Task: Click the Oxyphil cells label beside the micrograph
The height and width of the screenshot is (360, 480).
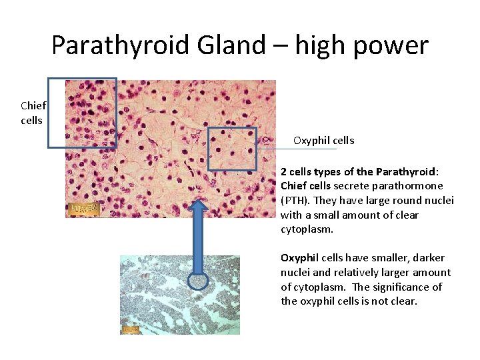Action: [323, 141]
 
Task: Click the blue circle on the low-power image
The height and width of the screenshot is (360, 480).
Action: [199, 283]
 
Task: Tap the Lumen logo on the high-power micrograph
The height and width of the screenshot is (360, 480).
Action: [84, 209]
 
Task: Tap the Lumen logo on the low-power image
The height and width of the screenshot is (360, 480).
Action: [130, 329]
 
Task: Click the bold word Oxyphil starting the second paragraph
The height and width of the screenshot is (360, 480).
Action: [298, 258]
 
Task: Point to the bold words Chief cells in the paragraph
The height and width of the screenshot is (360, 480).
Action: [306, 186]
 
